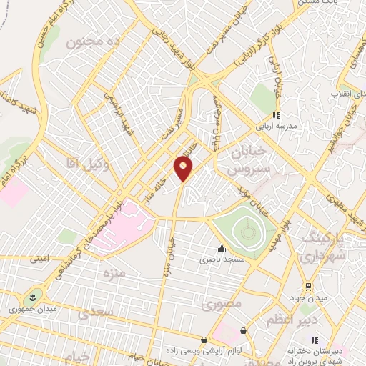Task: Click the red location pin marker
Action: pos(183,169)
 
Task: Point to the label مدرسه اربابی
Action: pos(276,124)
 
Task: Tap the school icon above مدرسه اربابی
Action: pos(276,114)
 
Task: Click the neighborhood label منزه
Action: pos(114,274)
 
